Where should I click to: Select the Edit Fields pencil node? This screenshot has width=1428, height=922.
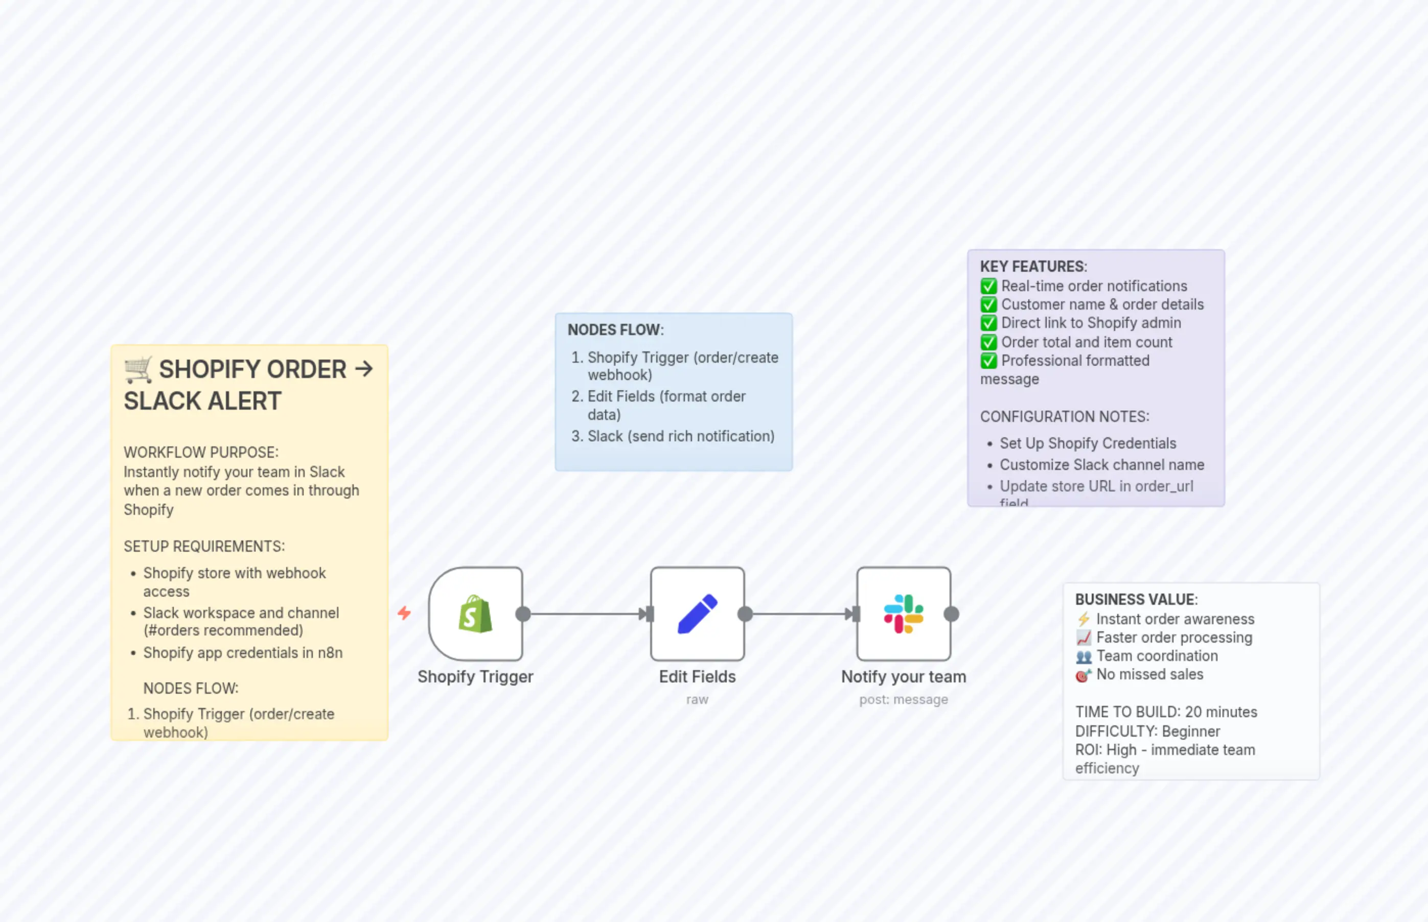[x=697, y=613]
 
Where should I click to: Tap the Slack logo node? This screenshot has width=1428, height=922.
[x=903, y=613]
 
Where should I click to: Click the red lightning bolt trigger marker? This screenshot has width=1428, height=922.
[x=404, y=613]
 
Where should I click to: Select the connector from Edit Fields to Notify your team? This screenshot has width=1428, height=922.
[x=800, y=613]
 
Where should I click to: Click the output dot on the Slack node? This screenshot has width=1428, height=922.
[x=951, y=613]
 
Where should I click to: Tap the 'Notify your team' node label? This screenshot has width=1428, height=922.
[x=903, y=676]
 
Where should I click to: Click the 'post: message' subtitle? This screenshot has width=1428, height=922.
[x=903, y=699]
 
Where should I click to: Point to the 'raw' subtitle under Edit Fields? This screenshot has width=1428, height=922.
[x=697, y=699]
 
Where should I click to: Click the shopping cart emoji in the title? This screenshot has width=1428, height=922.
[x=139, y=369]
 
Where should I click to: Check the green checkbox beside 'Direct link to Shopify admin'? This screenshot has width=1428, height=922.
[x=988, y=323]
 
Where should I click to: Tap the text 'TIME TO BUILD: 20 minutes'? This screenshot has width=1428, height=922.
[x=1166, y=712]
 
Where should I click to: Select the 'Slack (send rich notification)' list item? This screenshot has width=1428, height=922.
[x=680, y=436]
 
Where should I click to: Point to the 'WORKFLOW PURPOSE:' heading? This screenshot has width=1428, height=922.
[x=201, y=453]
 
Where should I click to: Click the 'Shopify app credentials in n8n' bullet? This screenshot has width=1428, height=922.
[x=243, y=653]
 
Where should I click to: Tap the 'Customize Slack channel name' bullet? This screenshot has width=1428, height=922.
[x=1101, y=465]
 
